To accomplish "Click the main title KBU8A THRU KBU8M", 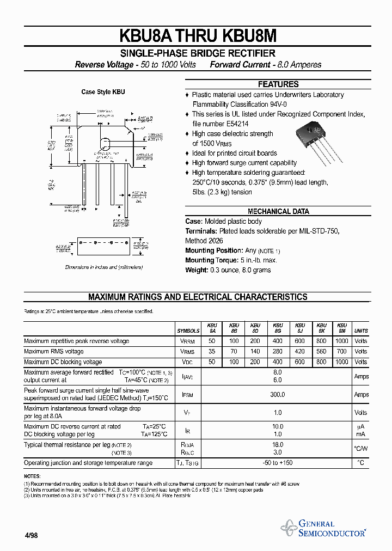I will [198, 35].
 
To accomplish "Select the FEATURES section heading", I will [278, 84].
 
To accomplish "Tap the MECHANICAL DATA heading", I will [278, 211].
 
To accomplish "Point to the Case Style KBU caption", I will [103, 92].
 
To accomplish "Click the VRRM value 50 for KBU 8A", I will [212, 341].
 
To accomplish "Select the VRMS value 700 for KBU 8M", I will [342, 352].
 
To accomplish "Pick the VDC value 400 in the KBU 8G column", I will [278, 362].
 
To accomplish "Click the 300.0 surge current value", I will [278, 395].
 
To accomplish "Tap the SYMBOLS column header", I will [188, 330].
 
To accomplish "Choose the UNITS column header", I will [361, 330].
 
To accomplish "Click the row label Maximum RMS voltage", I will [54, 352].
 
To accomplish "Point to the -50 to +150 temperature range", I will [278, 463].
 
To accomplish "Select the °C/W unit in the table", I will [361, 449].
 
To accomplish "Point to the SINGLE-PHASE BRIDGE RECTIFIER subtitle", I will [198, 53].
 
